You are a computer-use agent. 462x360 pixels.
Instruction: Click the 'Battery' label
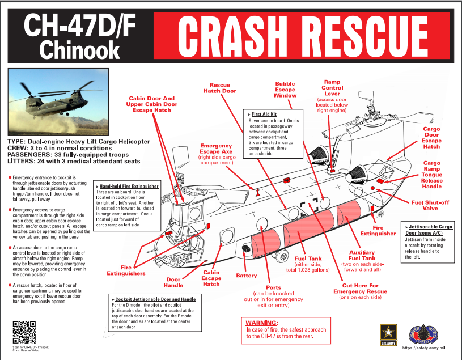(x=247, y=276)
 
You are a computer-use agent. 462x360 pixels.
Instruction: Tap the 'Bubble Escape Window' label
(x=285, y=89)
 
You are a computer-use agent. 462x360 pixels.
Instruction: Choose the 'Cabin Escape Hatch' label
(x=211, y=278)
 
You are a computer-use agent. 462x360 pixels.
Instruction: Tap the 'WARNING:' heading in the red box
(x=262, y=322)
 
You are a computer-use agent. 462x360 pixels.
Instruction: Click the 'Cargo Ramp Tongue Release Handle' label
(x=431, y=175)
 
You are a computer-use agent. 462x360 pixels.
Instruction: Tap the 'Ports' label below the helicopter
(x=273, y=287)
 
